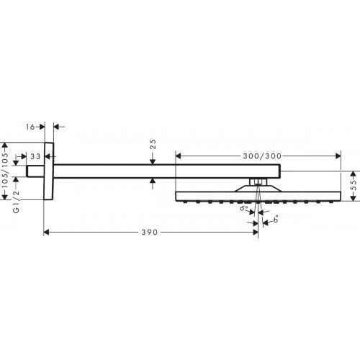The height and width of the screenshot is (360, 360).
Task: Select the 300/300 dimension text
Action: point(256,155)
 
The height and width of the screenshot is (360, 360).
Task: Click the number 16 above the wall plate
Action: point(29,127)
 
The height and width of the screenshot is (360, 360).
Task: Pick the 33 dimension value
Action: point(34,156)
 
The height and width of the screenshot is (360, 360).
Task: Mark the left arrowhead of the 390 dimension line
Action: point(48,233)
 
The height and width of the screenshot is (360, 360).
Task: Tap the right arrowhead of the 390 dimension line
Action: point(253,233)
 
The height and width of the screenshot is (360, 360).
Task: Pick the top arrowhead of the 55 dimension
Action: point(352,173)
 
